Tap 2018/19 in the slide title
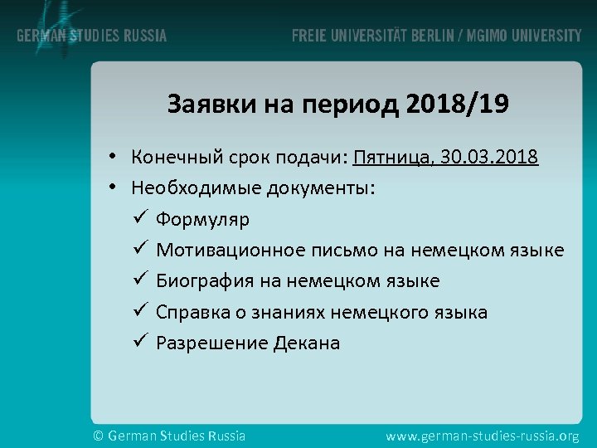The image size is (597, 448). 459,105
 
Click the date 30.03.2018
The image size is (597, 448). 489,157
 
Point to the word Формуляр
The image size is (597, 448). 202,219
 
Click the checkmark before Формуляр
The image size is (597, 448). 138,218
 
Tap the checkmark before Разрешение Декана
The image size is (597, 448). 138,342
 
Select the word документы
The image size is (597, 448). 321,188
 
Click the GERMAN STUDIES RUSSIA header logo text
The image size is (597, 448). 91,37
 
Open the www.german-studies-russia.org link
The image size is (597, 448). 483,435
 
